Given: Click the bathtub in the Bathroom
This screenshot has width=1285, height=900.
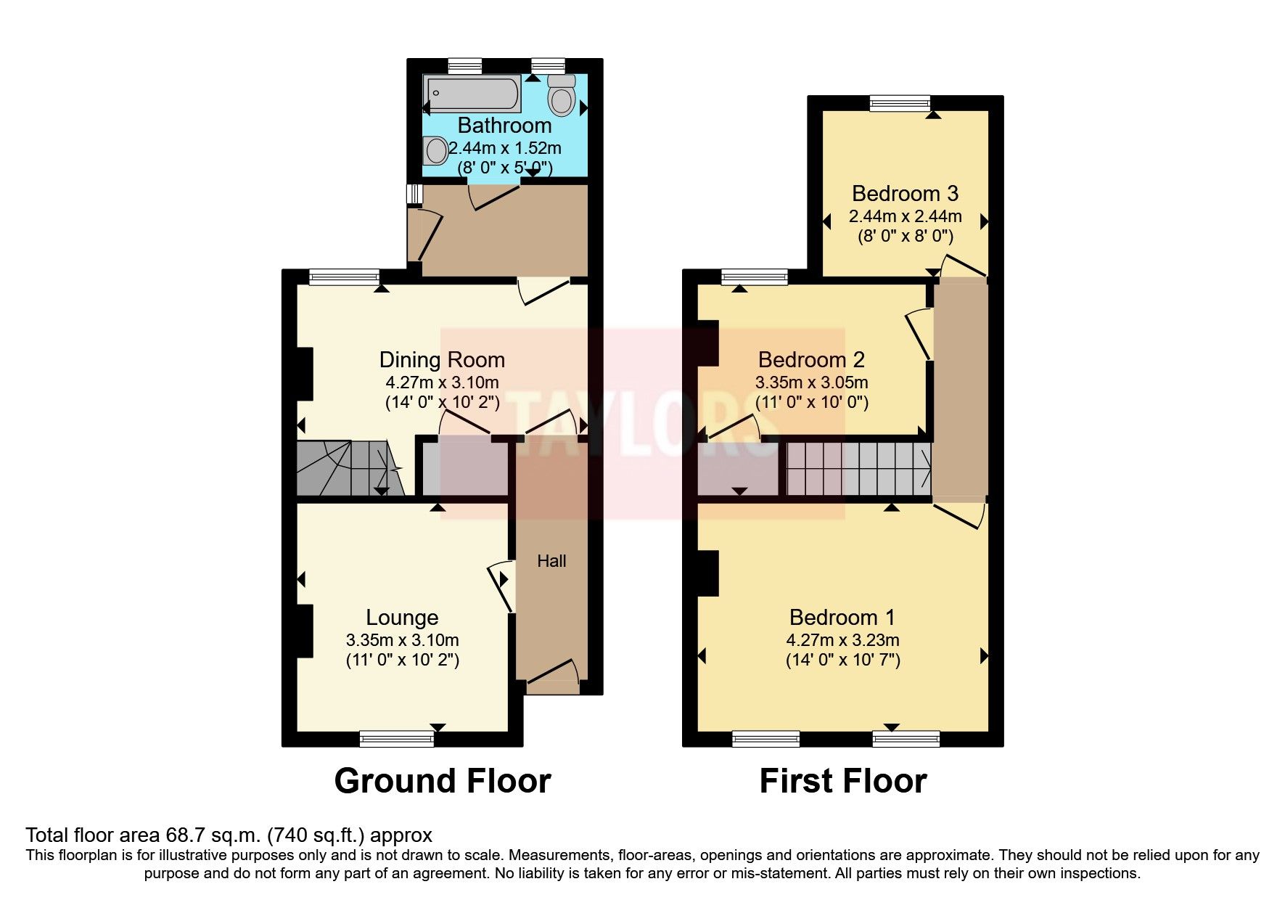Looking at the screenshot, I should (472, 94).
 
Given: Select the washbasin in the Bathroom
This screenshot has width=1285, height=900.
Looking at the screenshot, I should (436, 151).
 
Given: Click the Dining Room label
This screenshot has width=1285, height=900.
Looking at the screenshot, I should (442, 360).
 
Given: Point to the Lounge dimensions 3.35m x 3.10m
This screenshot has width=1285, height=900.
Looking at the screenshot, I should (402, 640).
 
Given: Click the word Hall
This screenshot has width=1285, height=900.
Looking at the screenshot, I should (551, 561).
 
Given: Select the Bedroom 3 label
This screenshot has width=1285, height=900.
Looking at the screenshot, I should (905, 194).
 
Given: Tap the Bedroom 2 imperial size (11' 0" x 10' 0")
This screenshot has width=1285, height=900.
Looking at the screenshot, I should (811, 402).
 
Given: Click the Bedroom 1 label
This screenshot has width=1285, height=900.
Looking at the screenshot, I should (842, 618).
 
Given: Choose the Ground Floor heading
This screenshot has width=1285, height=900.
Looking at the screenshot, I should (442, 781).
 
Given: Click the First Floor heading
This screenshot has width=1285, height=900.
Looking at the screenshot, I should (842, 781).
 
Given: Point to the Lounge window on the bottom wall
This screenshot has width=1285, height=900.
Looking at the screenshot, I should (397, 739).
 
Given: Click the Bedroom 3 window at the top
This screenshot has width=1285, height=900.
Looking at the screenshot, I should (900, 103).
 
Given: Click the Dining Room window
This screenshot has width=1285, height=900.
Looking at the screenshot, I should (344, 277).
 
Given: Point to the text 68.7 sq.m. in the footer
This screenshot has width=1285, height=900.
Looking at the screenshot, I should (204, 835).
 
